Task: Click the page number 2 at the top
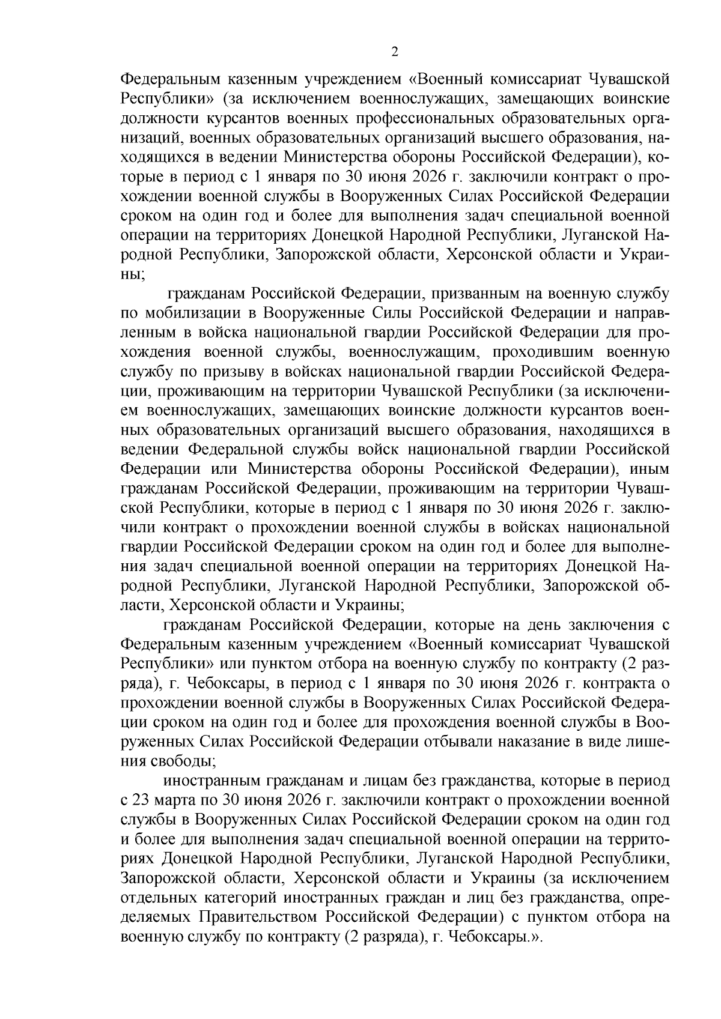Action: tap(394, 52)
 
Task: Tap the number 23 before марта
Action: tap(141, 800)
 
